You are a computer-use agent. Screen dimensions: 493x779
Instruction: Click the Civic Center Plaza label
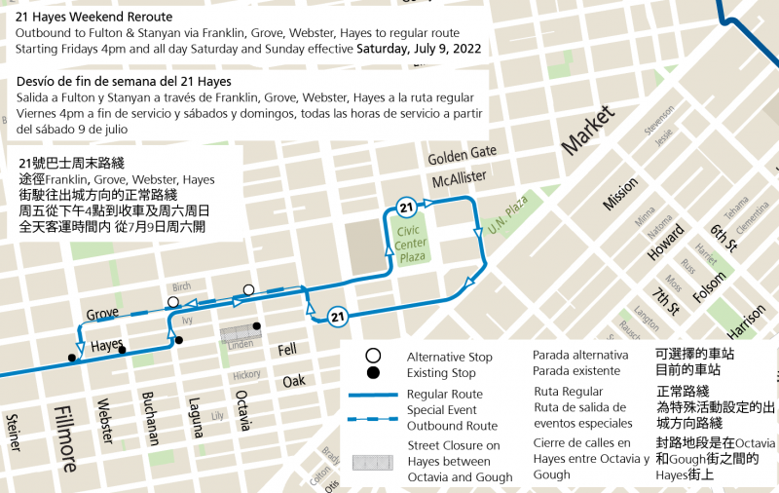412,243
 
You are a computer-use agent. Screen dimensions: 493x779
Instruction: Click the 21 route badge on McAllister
407,207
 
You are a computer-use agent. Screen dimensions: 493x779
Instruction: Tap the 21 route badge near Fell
338,316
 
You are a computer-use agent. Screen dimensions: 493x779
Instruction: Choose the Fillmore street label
65,439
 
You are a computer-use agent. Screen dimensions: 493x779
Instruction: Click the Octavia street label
243,410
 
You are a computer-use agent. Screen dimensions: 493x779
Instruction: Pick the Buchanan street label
150,418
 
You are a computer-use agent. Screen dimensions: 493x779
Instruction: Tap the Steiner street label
13,433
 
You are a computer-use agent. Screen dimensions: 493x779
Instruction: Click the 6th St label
723,235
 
